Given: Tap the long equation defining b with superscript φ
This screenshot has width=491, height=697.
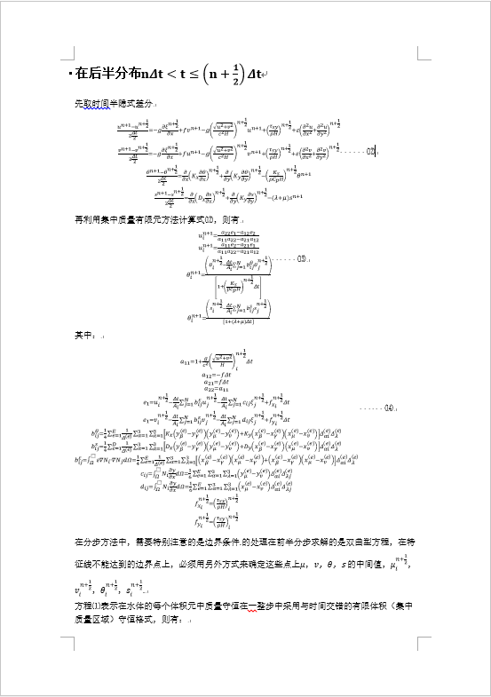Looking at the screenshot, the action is point(218,460).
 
